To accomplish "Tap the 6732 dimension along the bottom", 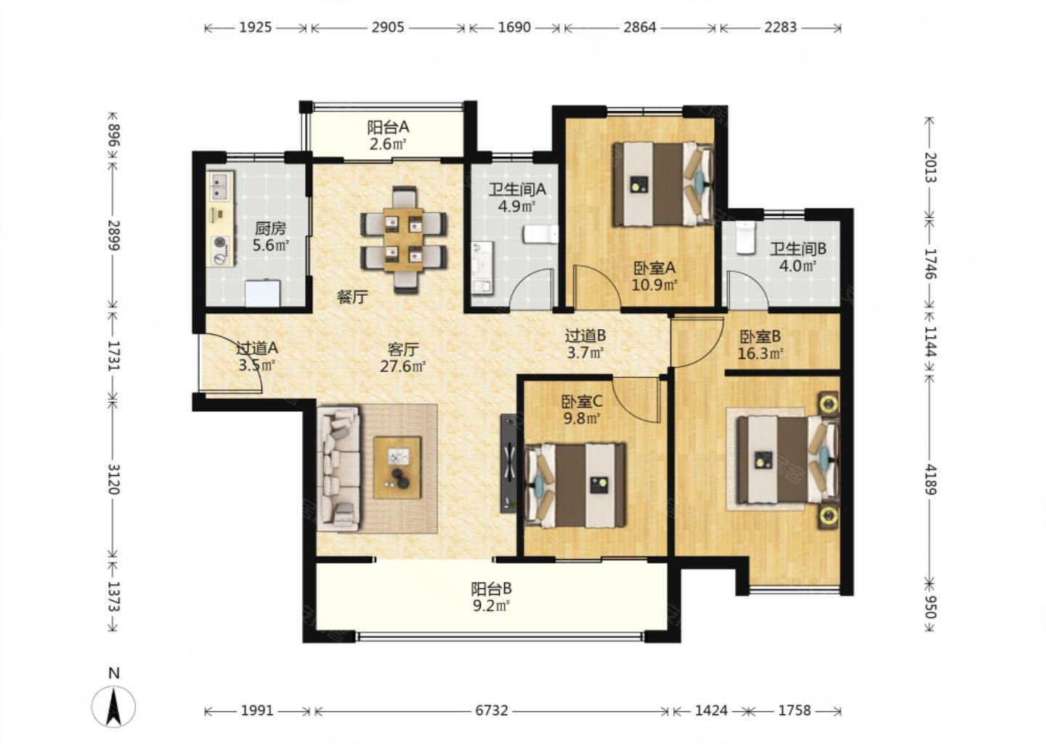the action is coord(491,711).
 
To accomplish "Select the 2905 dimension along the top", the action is coord(388,28).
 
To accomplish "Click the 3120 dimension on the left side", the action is coord(113,480).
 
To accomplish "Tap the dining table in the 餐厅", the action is coord(403,239).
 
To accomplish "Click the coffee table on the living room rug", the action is coord(397,468).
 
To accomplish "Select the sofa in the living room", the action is coord(338,469).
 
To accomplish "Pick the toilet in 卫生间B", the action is coord(745,238).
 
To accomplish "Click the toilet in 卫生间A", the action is coord(540,234).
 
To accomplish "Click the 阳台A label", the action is coord(388,126).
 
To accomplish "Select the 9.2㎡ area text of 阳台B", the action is coord(491,606).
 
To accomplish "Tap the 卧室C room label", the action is coord(582,401).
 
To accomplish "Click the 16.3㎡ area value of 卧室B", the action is coord(761,354).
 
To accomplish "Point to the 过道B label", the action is coord(585,336).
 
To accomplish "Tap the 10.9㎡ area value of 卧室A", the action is coord(654,284).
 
